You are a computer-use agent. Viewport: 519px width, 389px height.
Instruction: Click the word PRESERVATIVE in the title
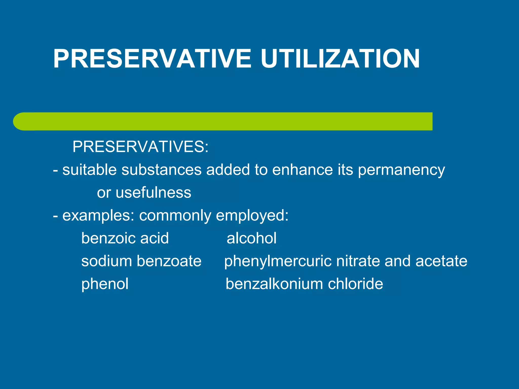pos(152,59)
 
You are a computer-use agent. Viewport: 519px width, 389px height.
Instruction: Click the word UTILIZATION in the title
pos(340,59)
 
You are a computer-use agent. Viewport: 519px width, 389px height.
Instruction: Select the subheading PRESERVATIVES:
pos(140,147)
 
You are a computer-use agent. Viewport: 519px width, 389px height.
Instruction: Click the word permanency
pos(401,170)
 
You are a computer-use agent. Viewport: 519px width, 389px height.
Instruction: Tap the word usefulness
pos(154,192)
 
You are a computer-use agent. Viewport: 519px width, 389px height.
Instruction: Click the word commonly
pos(175,216)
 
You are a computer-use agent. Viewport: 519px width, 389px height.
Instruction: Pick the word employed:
pos(252,216)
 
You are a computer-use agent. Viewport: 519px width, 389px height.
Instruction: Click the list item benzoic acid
pos(125,238)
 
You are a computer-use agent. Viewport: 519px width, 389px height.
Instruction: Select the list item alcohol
pos(251,238)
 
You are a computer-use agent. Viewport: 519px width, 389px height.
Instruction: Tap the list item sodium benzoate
pos(141,261)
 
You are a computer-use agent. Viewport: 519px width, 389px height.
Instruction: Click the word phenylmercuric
pos(278,262)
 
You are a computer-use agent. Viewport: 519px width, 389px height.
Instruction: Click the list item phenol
pos(105,284)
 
